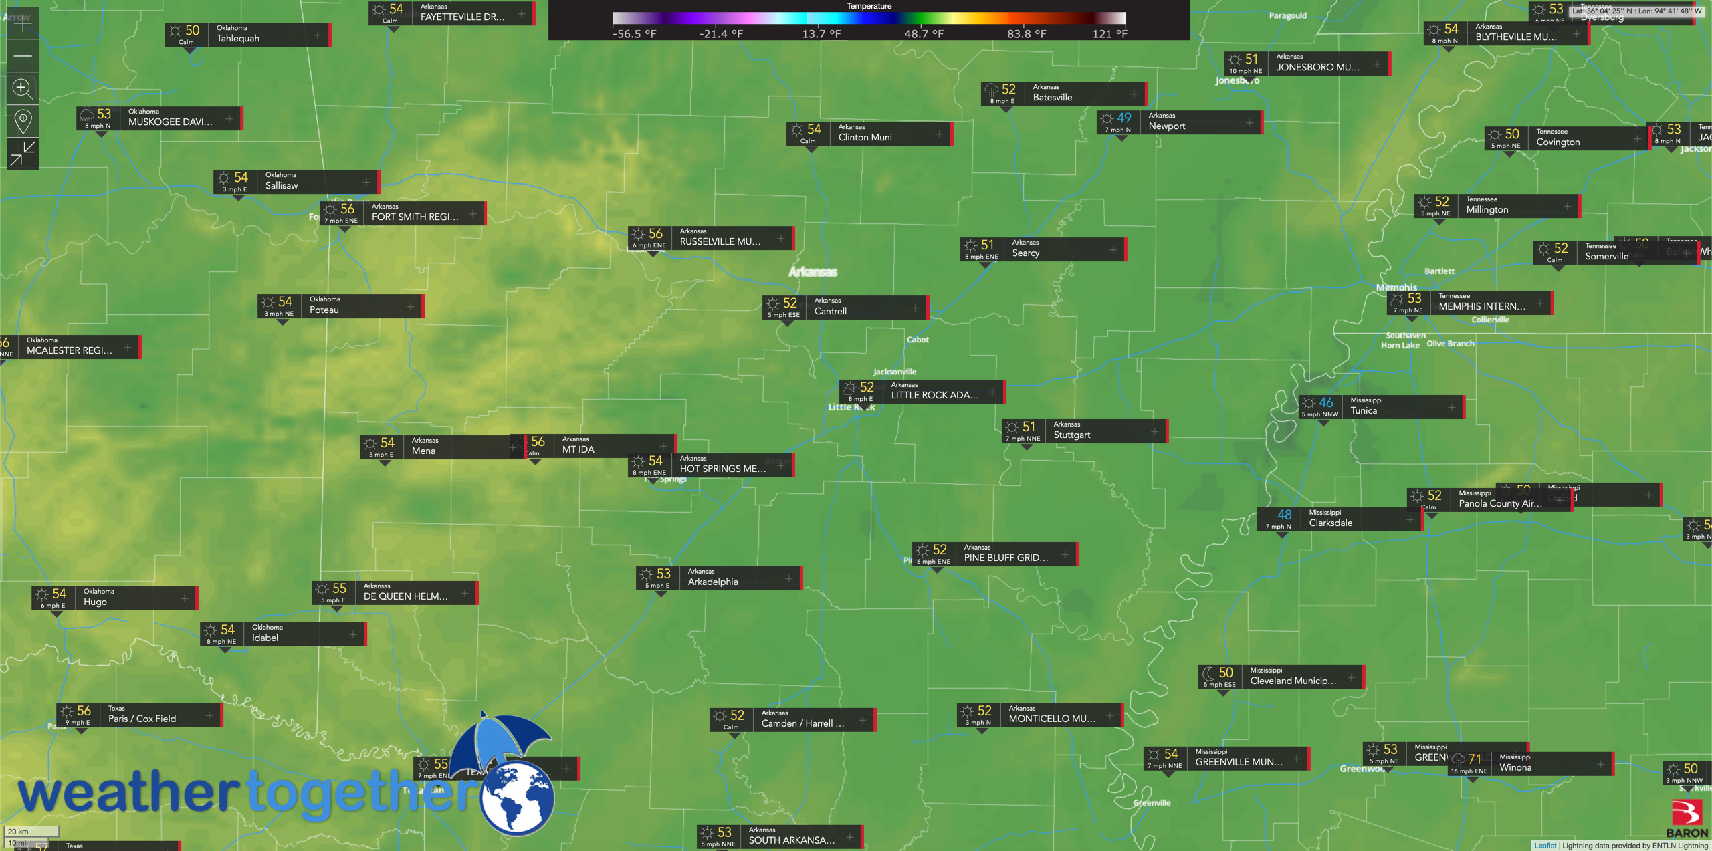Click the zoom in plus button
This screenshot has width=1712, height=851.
click(23, 23)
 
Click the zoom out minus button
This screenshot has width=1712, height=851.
click(23, 56)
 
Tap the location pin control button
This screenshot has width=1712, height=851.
click(23, 121)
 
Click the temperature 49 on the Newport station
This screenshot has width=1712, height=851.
click(1124, 118)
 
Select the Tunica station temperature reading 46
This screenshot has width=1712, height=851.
click(1325, 402)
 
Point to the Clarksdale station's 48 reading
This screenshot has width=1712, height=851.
click(1284, 515)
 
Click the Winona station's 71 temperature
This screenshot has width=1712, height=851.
click(1475, 759)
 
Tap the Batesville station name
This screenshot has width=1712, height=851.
click(1052, 98)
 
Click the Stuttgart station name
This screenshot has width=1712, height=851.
click(1071, 435)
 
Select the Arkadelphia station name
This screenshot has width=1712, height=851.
click(713, 582)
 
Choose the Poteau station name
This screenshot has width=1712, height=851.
click(324, 310)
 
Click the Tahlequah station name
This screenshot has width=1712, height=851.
click(237, 39)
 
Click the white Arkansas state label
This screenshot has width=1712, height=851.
click(813, 272)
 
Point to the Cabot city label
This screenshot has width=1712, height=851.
click(918, 340)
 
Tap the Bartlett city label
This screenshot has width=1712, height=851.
click(1439, 271)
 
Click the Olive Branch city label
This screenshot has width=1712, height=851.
click(1450, 344)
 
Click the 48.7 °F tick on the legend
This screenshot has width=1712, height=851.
click(924, 34)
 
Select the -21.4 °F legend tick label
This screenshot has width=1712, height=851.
click(720, 34)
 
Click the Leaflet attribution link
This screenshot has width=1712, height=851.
click(1545, 846)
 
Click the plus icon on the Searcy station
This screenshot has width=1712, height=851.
click(1113, 250)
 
